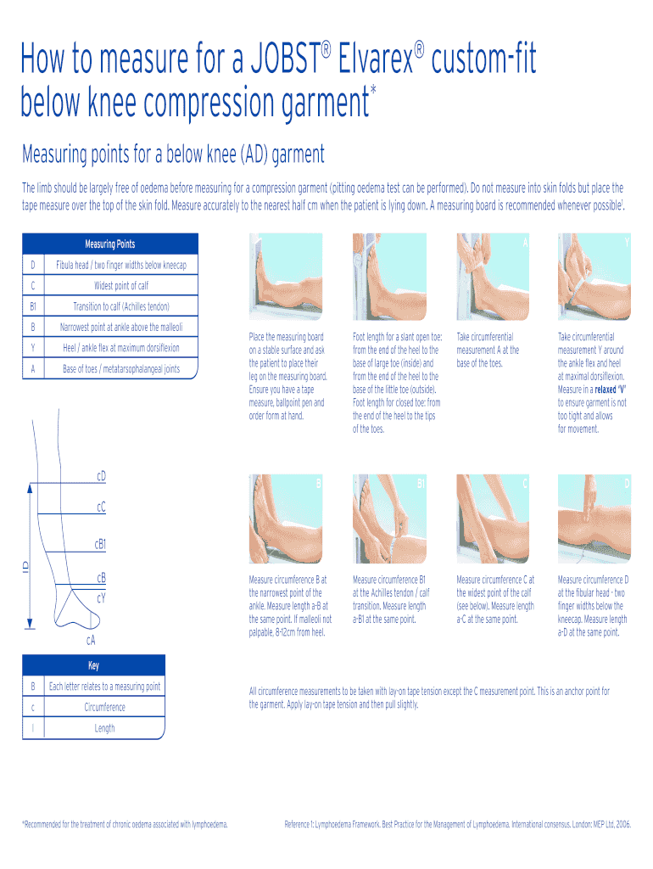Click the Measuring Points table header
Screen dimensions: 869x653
(110, 244)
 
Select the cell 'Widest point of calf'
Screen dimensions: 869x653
(120, 286)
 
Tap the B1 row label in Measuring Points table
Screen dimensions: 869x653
(33, 306)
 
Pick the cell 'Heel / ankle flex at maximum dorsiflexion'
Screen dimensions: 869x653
(120, 348)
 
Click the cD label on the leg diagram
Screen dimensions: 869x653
(101, 476)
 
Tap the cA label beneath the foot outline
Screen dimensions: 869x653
(90, 639)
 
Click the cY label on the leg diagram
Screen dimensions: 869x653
(101, 598)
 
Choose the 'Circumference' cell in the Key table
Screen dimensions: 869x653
(104, 707)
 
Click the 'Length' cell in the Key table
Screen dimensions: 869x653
(104, 728)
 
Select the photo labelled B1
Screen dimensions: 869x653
(389, 518)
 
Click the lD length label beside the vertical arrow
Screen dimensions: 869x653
(25, 564)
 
